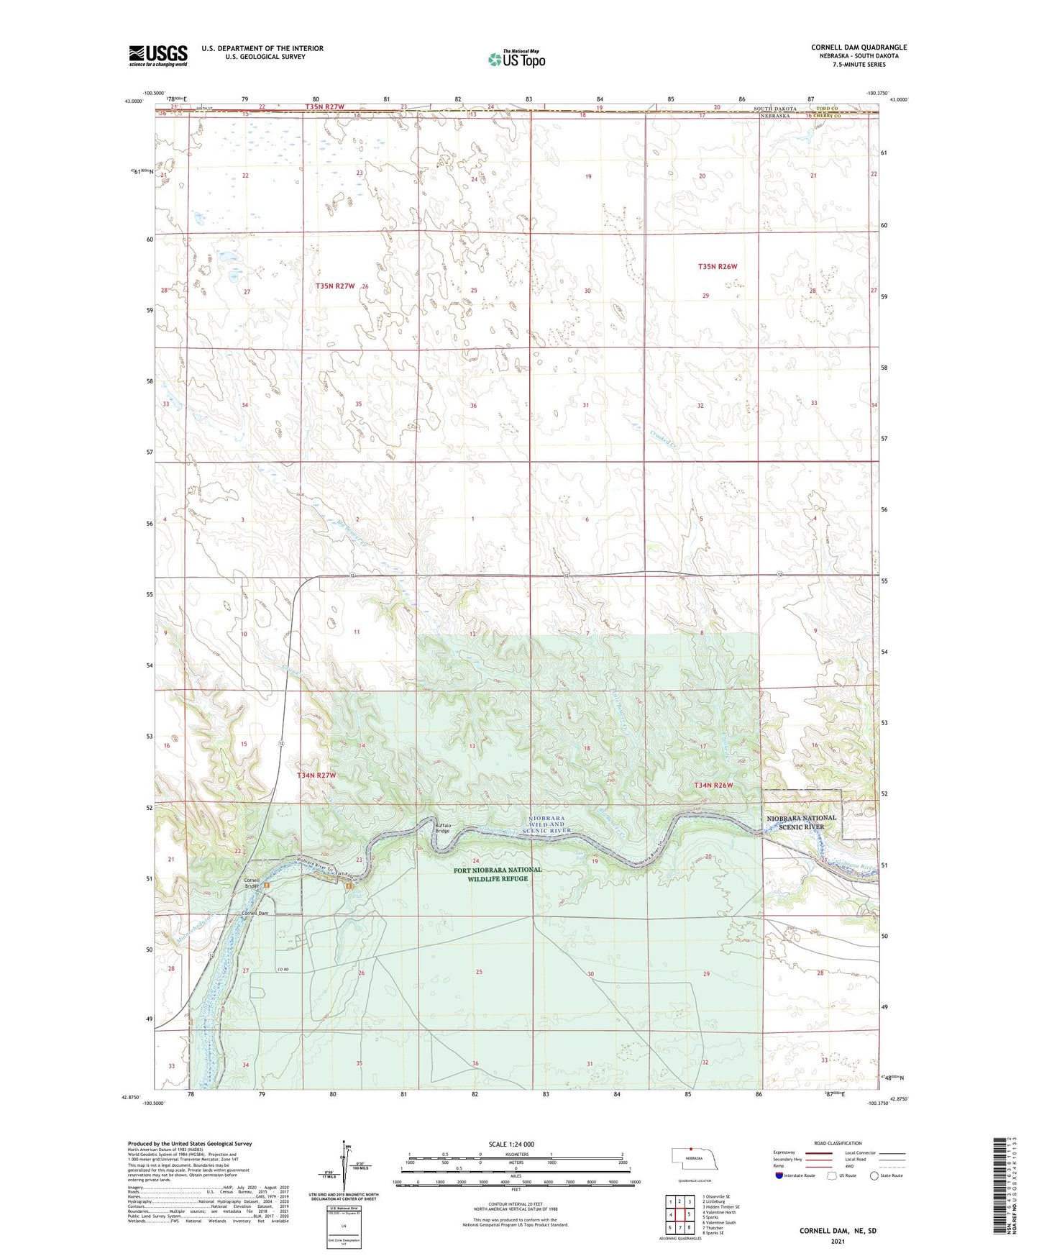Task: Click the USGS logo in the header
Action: coord(158,55)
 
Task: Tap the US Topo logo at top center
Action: coord(516,59)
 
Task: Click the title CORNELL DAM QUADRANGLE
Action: coord(859,47)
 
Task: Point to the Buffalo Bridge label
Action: coord(442,828)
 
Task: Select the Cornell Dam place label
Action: coord(254,914)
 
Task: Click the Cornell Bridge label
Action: coord(251,883)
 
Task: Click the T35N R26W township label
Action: coord(718,267)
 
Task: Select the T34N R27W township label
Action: coord(316,775)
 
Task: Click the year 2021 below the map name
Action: coord(837,1242)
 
